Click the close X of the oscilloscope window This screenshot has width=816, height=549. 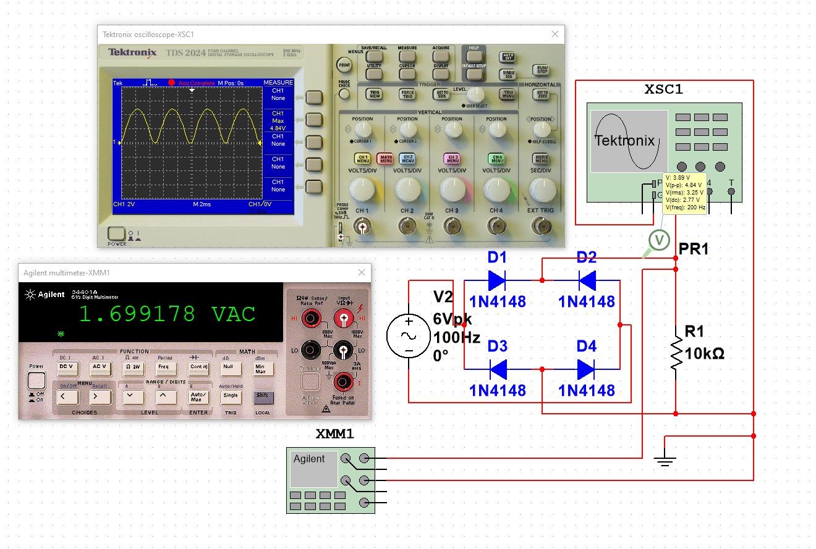tap(555, 35)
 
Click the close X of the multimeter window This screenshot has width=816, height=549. tap(362, 272)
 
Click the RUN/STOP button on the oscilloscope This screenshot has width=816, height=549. tap(542, 70)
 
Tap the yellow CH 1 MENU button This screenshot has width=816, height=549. tap(362, 159)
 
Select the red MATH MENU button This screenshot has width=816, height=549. tap(386, 159)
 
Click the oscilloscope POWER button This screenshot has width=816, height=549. tap(116, 234)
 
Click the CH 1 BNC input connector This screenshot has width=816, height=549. tap(362, 228)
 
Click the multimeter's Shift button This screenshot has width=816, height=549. tap(262, 396)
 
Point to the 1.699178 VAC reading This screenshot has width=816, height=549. tap(167, 314)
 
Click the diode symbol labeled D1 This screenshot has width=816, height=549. tap(497, 280)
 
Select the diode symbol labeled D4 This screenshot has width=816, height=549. tap(586, 369)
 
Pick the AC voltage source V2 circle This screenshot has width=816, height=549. tap(409, 336)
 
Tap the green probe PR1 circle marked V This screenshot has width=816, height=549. tap(660, 240)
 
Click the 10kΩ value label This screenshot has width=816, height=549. tap(705, 354)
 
